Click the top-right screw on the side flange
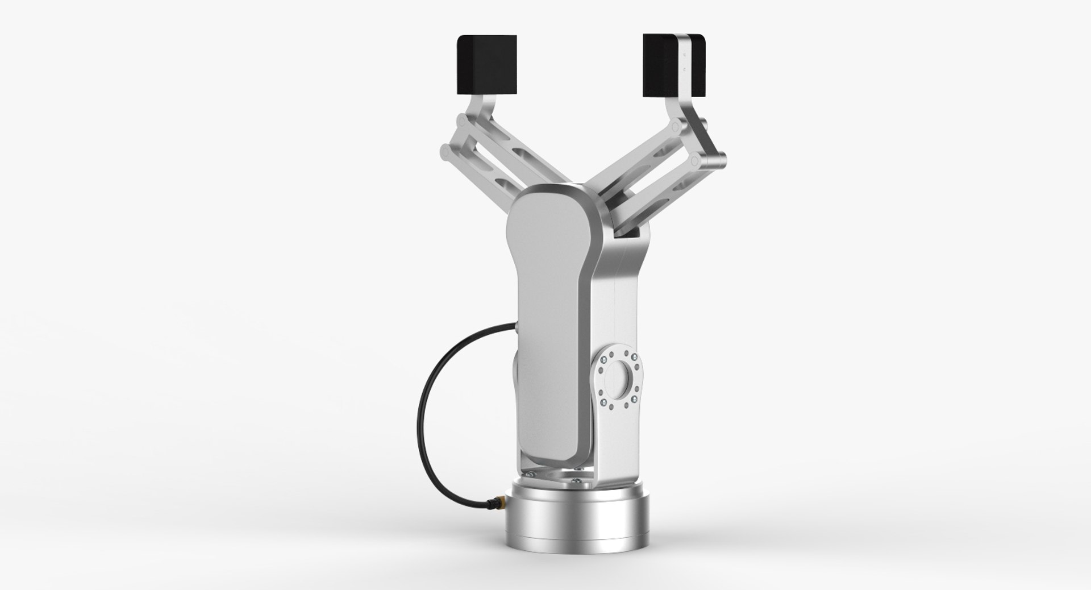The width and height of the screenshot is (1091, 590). tap(630, 356)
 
